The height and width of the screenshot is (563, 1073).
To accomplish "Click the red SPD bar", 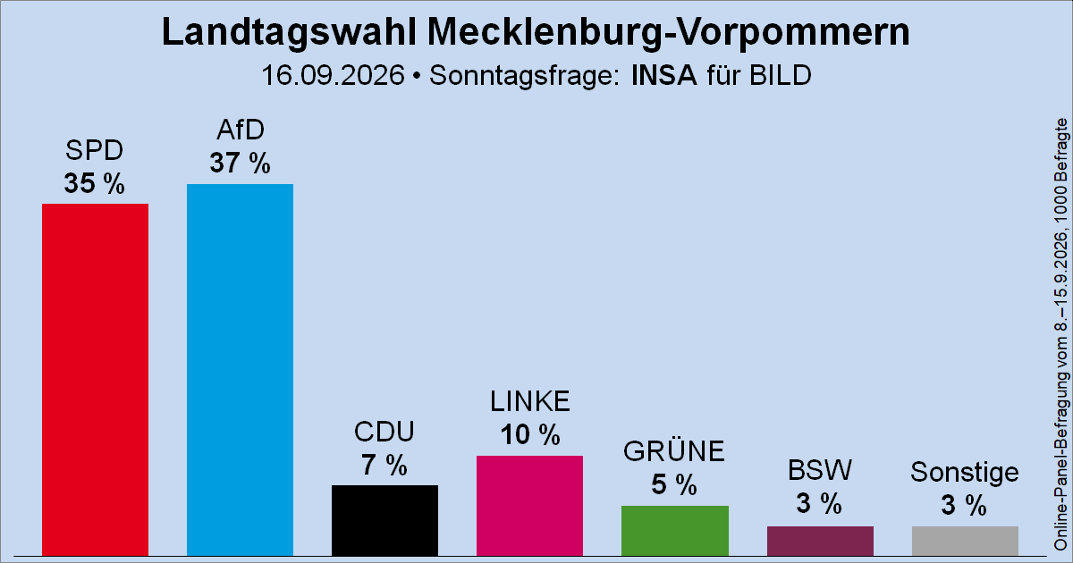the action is [95, 380].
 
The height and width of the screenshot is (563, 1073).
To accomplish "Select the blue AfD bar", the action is [240, 370].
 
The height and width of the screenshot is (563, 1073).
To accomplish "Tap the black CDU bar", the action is [384, 520].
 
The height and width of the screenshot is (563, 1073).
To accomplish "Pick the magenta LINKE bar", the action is [529, 506].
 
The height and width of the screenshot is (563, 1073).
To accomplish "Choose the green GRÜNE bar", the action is [675, 531].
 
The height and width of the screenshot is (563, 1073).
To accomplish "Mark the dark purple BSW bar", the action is [820, 541].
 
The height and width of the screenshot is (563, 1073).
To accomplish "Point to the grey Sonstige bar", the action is [965, 541].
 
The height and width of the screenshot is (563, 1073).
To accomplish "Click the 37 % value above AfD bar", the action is [240, 163].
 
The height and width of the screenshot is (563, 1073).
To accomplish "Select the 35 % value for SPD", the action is [95, 183].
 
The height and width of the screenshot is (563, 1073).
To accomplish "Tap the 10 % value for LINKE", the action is [530, 434].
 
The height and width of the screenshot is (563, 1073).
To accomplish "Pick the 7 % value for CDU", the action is [384, 465].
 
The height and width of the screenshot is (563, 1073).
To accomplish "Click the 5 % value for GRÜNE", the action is [674, 484].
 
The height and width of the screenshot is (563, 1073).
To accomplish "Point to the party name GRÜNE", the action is [674, 451].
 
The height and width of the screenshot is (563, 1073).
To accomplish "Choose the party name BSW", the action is [820, 470].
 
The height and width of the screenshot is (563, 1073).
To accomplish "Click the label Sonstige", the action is [965, 473].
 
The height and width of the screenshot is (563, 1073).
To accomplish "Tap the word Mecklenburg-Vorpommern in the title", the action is [668, 32].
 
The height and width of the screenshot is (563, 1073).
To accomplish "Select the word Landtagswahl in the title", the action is [289, 32].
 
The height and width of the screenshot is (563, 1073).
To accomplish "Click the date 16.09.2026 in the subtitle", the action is [333, 76].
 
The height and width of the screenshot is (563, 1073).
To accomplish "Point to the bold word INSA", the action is [663, 76].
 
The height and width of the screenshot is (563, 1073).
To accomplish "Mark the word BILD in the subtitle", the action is [781, 76].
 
